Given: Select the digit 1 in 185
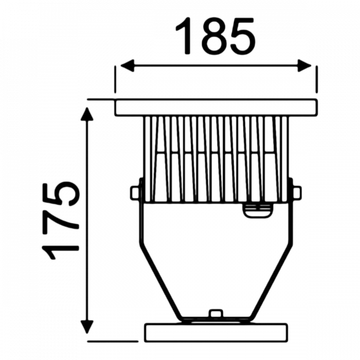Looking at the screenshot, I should tap(185, 37).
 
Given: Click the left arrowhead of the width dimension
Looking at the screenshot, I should tap(124, 66).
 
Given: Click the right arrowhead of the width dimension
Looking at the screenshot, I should tap(306, 66).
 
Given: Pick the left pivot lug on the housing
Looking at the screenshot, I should tap(135, 192).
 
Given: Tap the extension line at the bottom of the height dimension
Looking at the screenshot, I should tap(113, 340).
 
